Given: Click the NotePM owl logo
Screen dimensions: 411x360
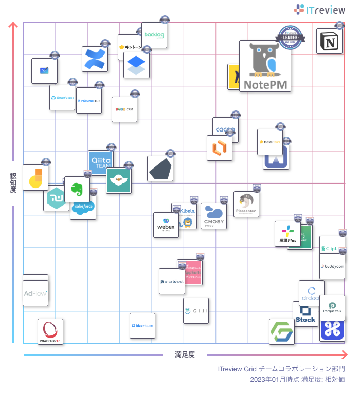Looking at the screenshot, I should tap(265, 65).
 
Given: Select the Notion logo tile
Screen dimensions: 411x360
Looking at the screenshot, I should tap(329, 41).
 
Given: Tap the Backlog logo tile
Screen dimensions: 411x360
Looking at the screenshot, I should tap(154, 35).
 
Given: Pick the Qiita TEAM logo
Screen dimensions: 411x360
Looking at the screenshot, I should tap(101, 163).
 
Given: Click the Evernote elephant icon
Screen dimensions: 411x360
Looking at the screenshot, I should tap(77, 189).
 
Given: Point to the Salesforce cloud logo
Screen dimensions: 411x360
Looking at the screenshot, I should tap(83, 208).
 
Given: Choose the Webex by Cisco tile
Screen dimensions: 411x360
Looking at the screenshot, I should tap(166, 225).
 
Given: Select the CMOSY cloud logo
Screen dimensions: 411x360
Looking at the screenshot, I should tap(213, 216).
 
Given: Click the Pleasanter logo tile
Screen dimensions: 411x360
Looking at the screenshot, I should tap(246, 204).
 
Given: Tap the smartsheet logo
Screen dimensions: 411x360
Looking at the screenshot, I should tap(172, 282).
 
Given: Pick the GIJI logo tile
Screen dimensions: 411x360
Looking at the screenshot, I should tap(196, 311).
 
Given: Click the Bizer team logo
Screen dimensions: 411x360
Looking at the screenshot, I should tap(142, 326).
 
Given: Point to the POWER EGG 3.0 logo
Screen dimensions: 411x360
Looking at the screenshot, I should tap(50, 331).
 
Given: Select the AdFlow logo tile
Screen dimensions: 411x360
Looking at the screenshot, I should tap(35, 293).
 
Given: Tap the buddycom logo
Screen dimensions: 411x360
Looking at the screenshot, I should tap(332, 267).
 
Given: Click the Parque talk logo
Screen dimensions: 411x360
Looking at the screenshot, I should tap(332, 307).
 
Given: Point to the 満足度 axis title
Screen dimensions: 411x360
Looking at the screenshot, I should tap(185, 354).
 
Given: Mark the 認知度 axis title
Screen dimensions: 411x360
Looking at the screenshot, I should tap(13, 183).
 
